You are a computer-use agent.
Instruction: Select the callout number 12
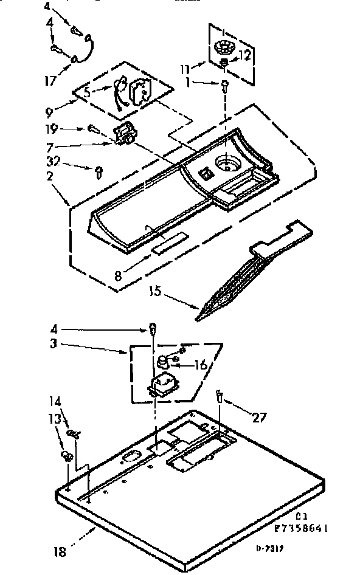244,55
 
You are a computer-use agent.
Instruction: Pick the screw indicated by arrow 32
97,173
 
